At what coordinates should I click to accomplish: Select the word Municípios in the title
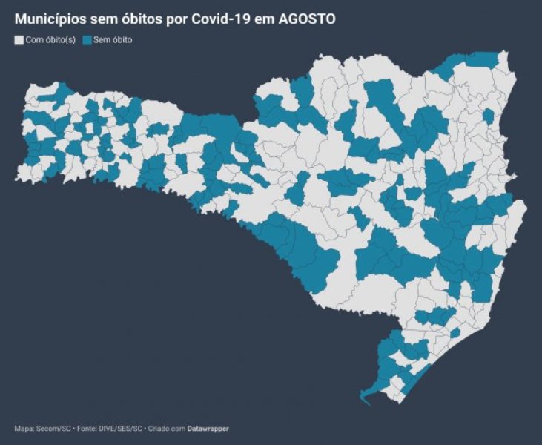point(49,17)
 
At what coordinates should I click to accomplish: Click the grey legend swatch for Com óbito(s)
point(19,40)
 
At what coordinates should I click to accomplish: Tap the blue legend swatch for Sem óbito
point(87,40)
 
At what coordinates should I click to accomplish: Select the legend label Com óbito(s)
point(50,40)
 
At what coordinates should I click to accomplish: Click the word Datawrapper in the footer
point(208,429)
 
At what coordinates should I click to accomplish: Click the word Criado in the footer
point(158,429)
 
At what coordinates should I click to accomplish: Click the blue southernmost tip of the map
point(367,401)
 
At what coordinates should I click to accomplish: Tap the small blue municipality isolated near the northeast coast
point(488,117)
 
